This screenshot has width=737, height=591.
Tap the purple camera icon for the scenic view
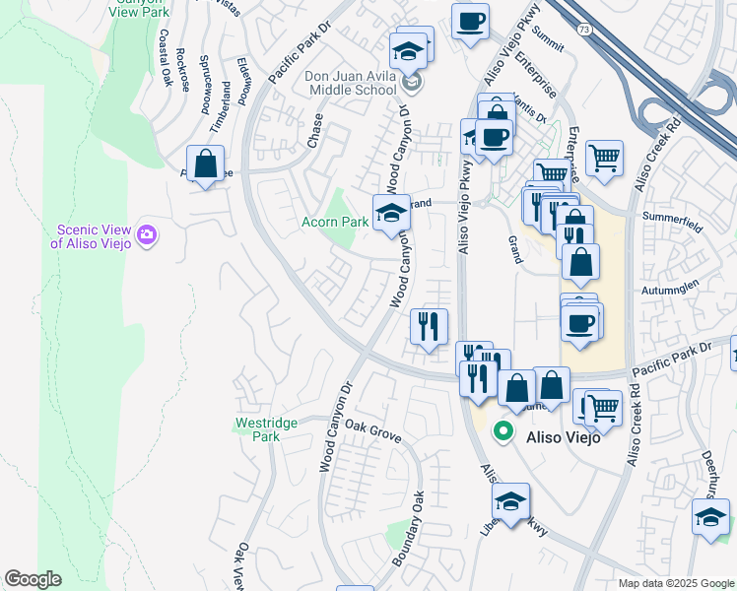click(x=148, y=234)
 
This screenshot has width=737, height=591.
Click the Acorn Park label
click(x=333, y=222)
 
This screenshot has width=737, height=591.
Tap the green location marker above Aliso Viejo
click(x=502, y=431)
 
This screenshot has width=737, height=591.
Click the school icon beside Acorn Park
click(x=391, y=213)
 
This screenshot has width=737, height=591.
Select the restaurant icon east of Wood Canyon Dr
click(x=428, y=327)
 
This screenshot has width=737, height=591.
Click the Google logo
click(x=33, y=579)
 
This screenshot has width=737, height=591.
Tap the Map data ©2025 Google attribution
click(x=675, y=583)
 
